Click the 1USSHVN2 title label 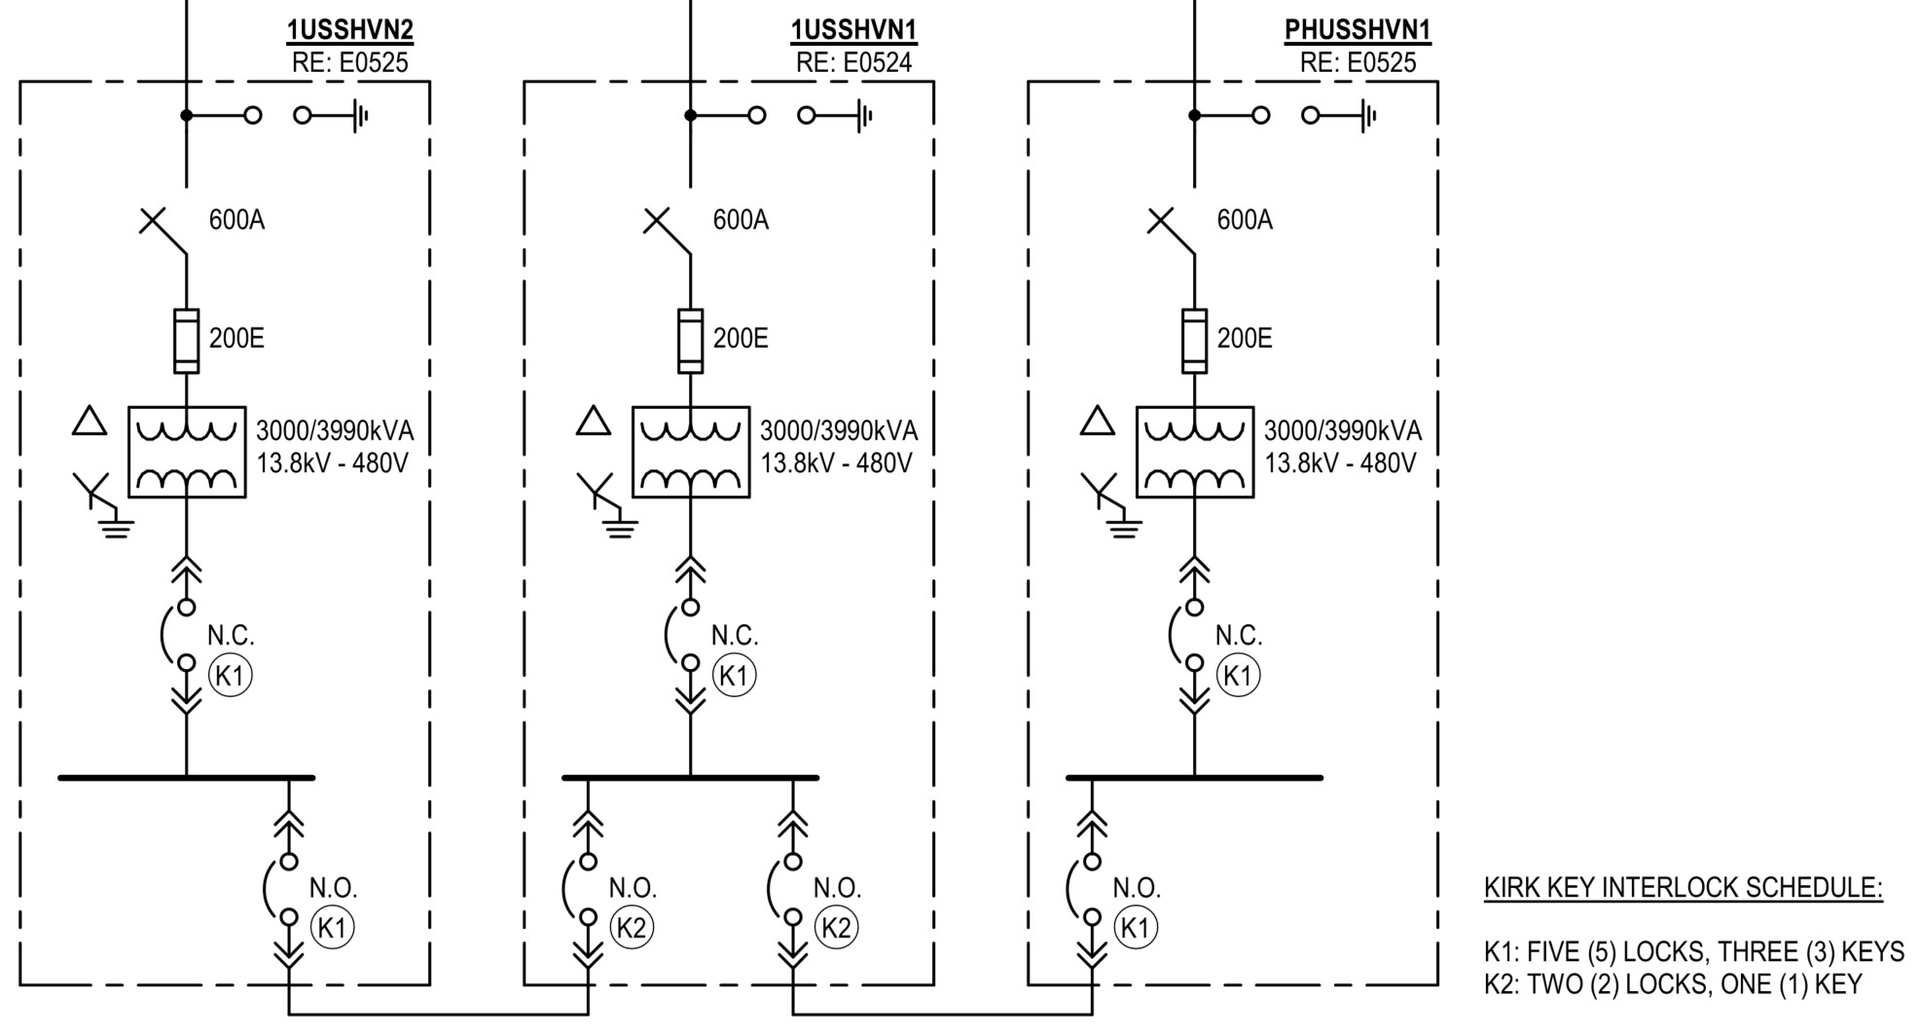[349, 30]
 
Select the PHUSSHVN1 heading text [1358, 30]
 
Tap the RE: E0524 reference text [853, 63]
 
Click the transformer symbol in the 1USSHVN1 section [690, 452]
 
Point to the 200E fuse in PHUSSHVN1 [1194, 341]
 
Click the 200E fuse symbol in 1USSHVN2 [186, 341]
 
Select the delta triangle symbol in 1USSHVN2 [90, 422]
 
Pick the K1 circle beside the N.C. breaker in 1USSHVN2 [230, 675]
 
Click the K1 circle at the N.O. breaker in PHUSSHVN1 [1136, 928]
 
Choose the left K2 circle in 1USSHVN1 [632, 928]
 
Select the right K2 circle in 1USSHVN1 [836, 928]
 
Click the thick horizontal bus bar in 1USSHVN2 [186, 778]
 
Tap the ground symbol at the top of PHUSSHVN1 [1368, 116]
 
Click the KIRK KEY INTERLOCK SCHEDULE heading [1683, 888]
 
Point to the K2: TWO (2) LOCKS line [1672, 984]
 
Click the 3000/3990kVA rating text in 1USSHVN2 [334, 430]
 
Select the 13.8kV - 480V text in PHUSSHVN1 [1340, 462]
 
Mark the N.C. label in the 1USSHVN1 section [734, 636]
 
